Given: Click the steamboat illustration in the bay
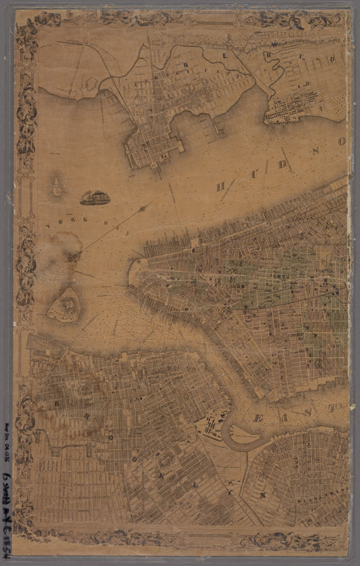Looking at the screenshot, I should tap(95, 197).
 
